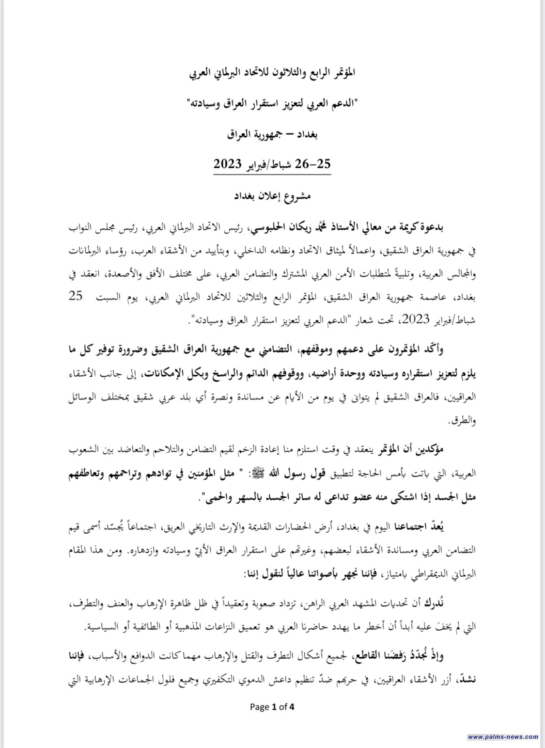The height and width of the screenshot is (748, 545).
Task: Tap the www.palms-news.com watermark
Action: (503, 737)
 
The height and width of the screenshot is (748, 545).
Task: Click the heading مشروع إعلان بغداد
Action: (272, 196)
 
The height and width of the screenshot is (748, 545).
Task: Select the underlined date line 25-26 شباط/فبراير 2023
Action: (272, 164)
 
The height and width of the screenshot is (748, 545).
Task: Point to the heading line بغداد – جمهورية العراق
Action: (272, 135)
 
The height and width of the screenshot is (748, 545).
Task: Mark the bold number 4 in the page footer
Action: (292, 707)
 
